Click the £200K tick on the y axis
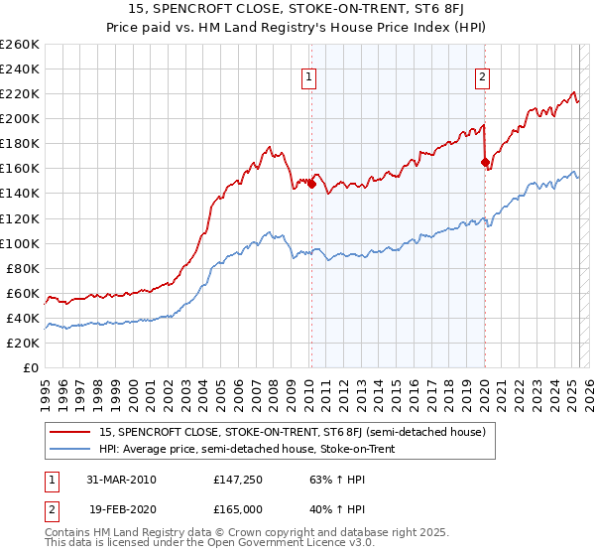(x=20, y=118)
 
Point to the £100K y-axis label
(x=20, y=243)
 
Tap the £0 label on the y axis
(x=30, y=367)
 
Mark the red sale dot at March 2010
(x=311, y=184)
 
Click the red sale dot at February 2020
(x=485, y=162)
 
